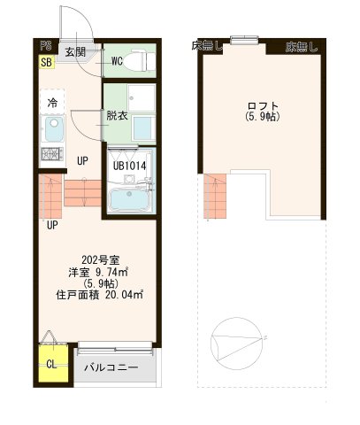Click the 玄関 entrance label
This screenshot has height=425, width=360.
pyautogui.click(x=75, y=52)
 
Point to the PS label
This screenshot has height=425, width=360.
pyautogui.click(x=44, y=46)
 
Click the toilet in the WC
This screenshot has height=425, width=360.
pyautogui.click(x=139, y=61)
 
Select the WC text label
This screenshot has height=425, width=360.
pyautogui.click(x=117, y=61)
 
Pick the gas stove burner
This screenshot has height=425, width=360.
pyautogui.click(x=51, y=156)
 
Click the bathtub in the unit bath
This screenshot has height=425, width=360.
pyautogui.click(x=129, y=200)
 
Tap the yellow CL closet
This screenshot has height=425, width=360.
pyautogui.click(x=51, y=363)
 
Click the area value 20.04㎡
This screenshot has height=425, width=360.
pyautogui.click(x=124, y=296)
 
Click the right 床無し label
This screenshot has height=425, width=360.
pyautogui.click(x=301, y=46)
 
